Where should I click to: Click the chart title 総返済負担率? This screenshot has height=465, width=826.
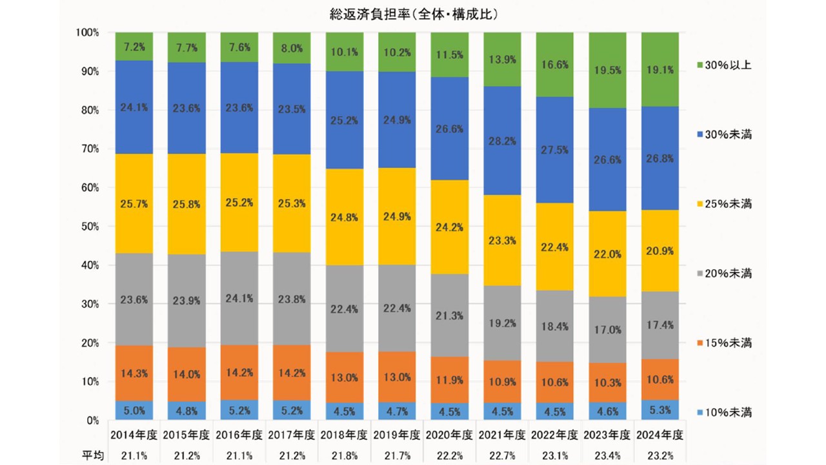click(x=413, y=13)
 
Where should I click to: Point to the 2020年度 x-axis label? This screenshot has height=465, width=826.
click(x=450, y=435)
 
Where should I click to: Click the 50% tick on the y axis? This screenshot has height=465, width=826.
click(x=86, y=227)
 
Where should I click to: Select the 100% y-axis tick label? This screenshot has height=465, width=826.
click(x=86, y=32)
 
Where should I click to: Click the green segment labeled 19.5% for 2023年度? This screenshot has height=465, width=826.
click(x=608, y=70)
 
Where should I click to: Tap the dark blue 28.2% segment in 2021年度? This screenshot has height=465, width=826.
click(x=503, y=141)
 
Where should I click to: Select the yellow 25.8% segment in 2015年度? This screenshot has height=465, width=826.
click(x=186, y=204)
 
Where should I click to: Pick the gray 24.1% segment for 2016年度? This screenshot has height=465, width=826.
click(x=239, y=298)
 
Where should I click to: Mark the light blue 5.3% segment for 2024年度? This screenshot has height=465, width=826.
click(x=660, y=410)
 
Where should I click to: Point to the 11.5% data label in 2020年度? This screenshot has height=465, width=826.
click(x=450, y=55)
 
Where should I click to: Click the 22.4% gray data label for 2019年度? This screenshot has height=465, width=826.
click(x=398, y=309)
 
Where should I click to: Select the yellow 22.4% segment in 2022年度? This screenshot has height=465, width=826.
click(x=555, y=247)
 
